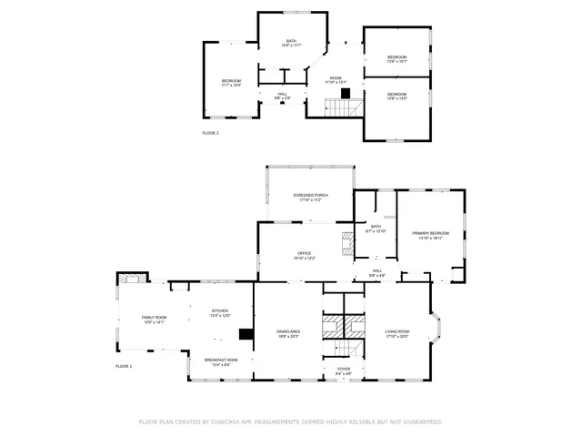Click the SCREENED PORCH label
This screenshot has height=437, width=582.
(310, 197)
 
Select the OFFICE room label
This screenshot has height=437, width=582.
(305, 256)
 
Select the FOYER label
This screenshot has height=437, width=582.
(343, 371)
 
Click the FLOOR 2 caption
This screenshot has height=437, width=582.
(210, 133)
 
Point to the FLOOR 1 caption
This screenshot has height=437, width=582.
(124, 366)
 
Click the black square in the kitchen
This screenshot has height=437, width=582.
(244, 334)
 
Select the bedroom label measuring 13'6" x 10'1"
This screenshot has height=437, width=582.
(397, 59)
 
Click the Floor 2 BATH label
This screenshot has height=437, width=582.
(291, 42)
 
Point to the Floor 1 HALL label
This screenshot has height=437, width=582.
(376, 271)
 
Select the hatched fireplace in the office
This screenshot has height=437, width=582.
(347, 242)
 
